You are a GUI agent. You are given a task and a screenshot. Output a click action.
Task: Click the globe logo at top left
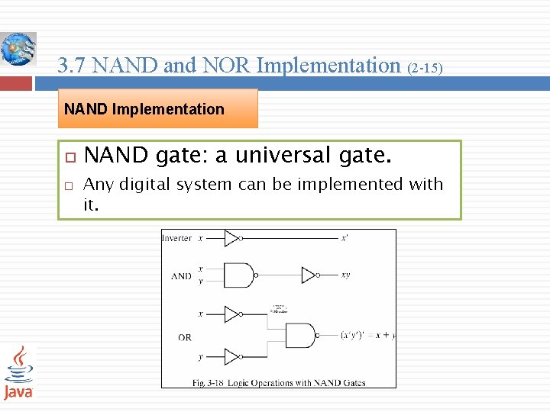tap(18, 50)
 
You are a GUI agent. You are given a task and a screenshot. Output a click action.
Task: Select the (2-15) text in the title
tap(424, 68)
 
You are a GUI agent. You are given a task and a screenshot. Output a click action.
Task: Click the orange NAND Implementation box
tap(158, 109)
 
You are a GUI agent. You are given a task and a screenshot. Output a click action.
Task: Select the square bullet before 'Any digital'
tap(68, 185)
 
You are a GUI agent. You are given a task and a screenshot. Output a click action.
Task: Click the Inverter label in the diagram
tap(176, 239)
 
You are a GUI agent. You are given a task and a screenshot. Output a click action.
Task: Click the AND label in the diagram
tap(181, 276)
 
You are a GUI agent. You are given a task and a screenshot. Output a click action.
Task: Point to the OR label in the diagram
tap(184, 337)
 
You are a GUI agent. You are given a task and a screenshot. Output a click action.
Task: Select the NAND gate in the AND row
tap(239, 275)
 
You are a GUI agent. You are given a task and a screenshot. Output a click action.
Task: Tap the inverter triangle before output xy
tap(309, 275)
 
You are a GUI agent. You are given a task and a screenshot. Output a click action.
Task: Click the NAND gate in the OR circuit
tap(299, 335)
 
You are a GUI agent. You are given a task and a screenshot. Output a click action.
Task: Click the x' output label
tap(345, 238)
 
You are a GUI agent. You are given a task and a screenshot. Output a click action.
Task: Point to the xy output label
tap(345, 275)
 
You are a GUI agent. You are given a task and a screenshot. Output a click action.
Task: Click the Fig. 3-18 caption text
tap(278, 382)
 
